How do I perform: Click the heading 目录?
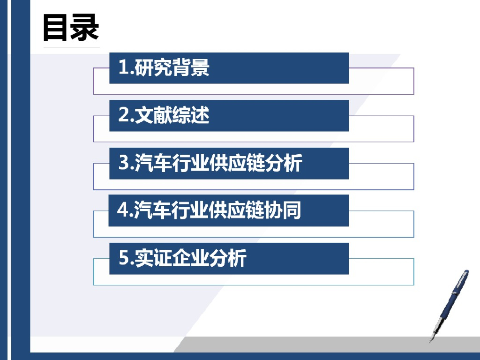[x=71, y=27]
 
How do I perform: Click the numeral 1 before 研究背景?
[x=123, y=68]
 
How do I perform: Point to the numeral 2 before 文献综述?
[x=123, y=115]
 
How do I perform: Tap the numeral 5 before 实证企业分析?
[x=123, y=258]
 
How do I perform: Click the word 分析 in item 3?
[x=286, y=163]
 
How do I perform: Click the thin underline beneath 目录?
[x=71, y=47]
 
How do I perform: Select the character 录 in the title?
[x=85, y=27]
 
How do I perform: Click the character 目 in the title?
[x=56, y=27]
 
